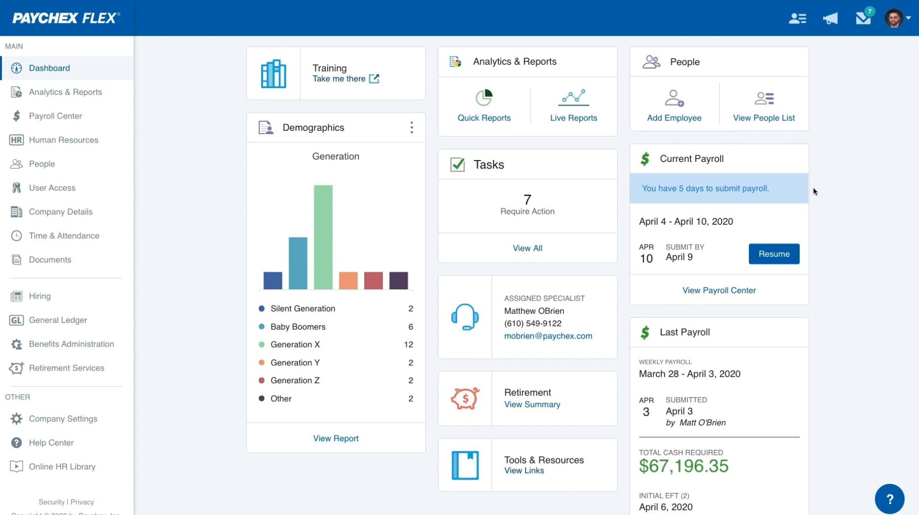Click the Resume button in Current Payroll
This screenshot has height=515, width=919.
[x=774, y=254]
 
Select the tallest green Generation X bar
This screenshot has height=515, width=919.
[x=323, y=237]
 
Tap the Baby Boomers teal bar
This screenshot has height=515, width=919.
[x=298, y=263]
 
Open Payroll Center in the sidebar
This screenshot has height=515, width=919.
[x=55, y=116]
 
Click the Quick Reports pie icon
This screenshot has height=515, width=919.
[x=484, y=98]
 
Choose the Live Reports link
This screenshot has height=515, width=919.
[x=573, y=118]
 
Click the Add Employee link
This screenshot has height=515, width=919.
[x=674, y=118]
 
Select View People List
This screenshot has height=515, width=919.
[x=763, y=118]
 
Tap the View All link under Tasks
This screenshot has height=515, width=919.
[x=527, y=248]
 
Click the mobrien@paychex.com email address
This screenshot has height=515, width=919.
[x=548, y=336]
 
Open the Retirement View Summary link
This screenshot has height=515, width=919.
[x=532, y=404]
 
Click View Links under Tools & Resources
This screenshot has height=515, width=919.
[x=524, y=470]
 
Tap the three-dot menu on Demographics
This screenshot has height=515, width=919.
[x=411, y=127]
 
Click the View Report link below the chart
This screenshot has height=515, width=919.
[x=336, y=438]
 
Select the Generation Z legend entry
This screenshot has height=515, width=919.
[x=295, y=380]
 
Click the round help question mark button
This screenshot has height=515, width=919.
[x=889, y=498]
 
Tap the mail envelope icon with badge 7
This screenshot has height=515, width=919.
[x=863, y=18]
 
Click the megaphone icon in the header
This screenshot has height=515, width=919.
[x=830, y=18]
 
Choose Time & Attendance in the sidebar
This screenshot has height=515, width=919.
[x=64, y=236]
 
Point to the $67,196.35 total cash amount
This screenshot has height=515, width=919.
[x=683, y=466]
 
